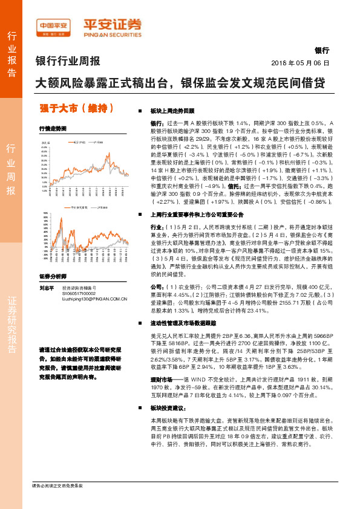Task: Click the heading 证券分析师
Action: click(51, 276)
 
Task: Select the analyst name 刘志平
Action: click(47, 287)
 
